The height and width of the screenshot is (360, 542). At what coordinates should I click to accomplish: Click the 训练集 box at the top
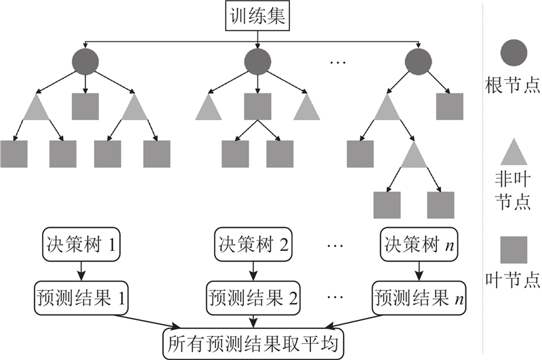pyautogui.click(x=254, y=15)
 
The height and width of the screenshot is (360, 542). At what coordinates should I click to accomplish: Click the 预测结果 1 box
pyautogui.click(x=81, y=296)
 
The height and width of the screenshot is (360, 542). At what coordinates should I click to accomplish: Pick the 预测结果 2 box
pyautogui.click(x=253, y=296)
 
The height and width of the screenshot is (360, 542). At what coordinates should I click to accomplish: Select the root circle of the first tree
pyautogui.click(x=85, y=63)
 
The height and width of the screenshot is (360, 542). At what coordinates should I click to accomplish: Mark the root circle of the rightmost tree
pyautogui.click(x=417, y=63)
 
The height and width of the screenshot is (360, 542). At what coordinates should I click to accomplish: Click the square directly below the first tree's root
pyautogui.click(x=85, y=107)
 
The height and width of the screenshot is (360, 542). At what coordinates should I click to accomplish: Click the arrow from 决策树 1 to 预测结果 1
pyautogui.click(x=81, y=271)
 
